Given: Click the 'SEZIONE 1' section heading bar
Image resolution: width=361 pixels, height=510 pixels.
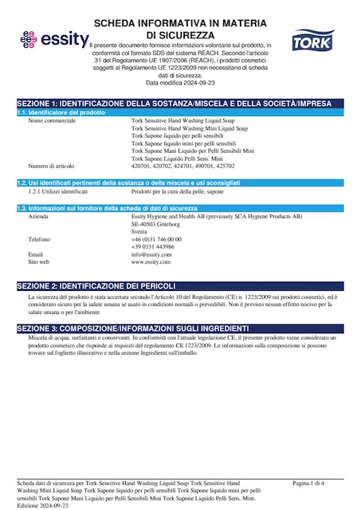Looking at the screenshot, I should click(180, 104).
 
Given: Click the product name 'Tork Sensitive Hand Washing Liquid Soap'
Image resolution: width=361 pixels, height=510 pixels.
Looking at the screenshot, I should click(183, 121).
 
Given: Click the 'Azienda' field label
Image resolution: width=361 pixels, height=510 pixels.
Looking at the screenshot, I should click(37, 217).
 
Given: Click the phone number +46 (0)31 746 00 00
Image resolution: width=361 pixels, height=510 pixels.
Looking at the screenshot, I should click(156, 239).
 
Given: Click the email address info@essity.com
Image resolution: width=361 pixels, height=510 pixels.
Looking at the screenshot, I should click(151, 254).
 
